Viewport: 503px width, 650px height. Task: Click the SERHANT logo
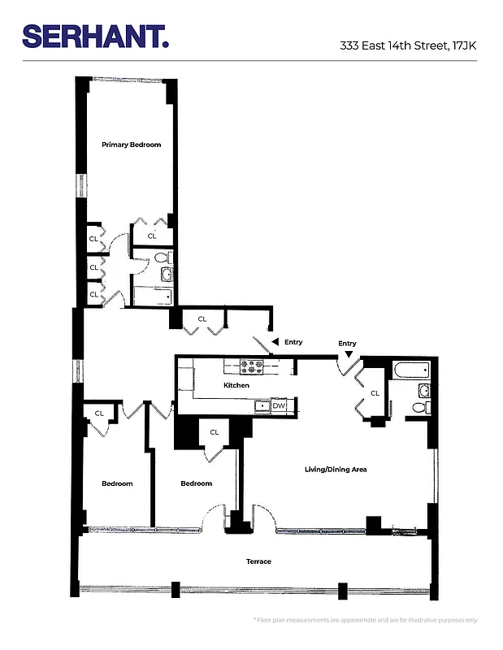96,37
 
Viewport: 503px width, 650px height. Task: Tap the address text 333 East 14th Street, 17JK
408,46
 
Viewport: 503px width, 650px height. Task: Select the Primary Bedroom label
131,145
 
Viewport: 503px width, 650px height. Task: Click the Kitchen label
236,385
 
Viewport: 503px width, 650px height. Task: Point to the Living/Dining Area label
336,469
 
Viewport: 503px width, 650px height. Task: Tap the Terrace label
258,561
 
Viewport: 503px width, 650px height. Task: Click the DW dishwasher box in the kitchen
279,405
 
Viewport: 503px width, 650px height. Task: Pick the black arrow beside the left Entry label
275,342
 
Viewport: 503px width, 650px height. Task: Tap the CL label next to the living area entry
374,393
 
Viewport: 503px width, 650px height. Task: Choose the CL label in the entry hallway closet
202,319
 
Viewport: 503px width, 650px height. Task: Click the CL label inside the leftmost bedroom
99,414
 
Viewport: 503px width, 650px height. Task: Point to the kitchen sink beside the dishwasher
262,405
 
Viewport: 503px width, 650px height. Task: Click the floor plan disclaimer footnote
366,620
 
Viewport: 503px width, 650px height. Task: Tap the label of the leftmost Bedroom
117,483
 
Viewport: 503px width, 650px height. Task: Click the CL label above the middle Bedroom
215,432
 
